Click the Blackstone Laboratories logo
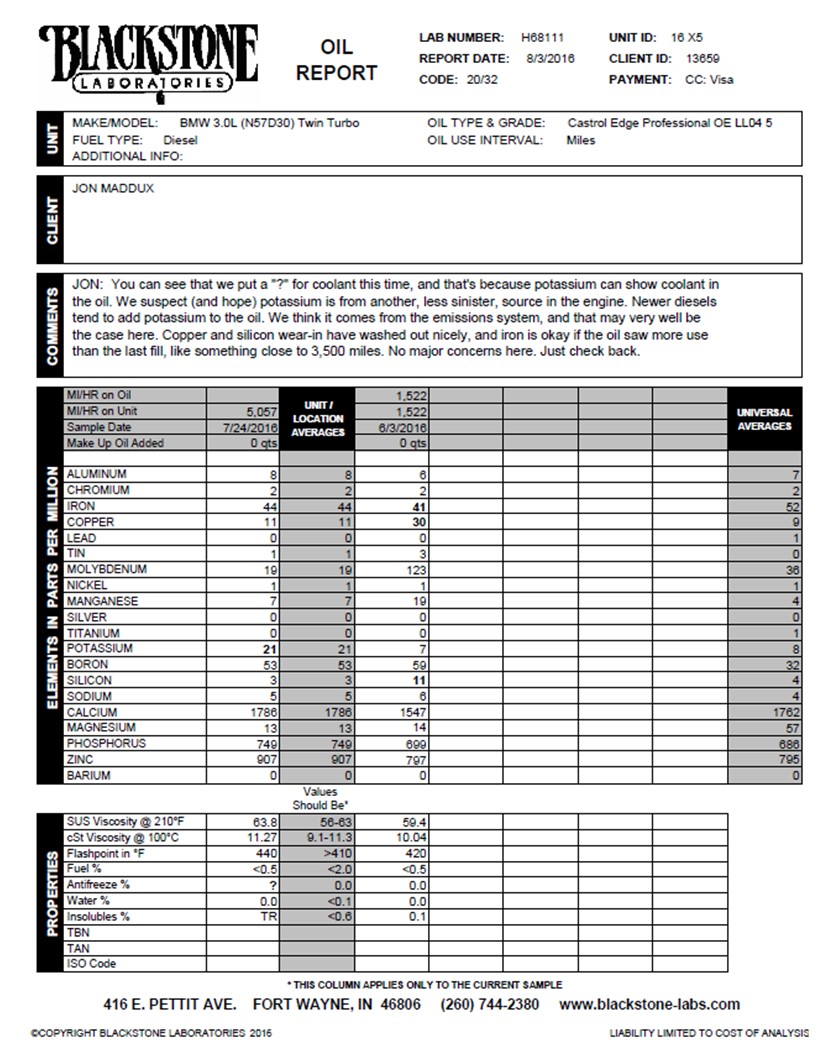(148, 58)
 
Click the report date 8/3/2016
(550, 58)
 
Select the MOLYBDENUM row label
(106, 569)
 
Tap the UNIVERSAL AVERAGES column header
(764, 418)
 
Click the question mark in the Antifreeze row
(272, 885)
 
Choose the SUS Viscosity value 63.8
(263, 821)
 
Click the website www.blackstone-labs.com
(650, 1004)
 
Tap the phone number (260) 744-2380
(490, 1004)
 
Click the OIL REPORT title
(336, 60)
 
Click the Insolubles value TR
(268, 916)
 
